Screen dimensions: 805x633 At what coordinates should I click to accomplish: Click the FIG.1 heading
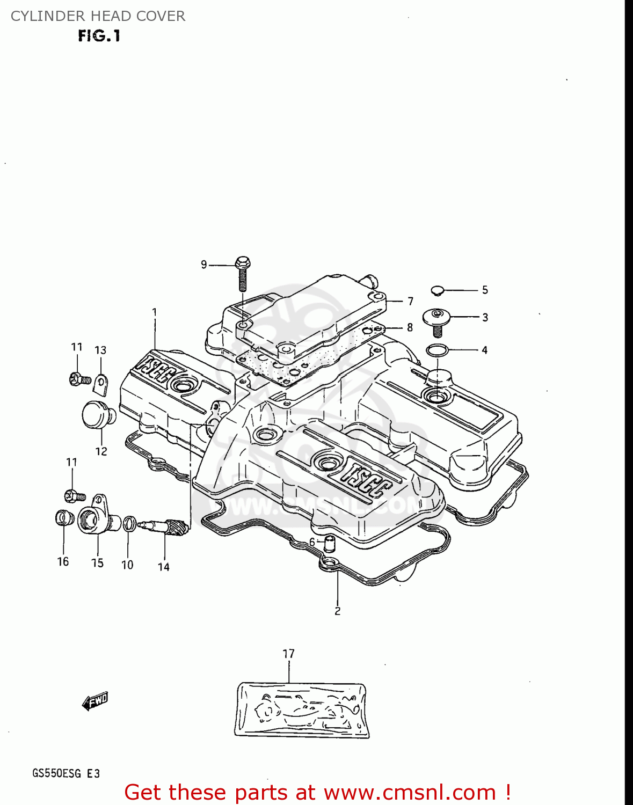click(x=99, y=36)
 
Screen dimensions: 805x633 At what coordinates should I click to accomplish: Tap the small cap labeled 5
click(x=438, y=290)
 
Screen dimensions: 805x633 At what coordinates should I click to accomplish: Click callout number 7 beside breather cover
click(x=410, y=302)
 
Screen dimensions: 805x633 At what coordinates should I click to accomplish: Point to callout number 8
click(x=410, y=327)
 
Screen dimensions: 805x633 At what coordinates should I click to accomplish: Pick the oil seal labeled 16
click(x=63, y=518)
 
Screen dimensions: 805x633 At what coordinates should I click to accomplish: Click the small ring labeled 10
click(x=129, y=523)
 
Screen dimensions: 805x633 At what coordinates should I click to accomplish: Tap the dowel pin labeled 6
click(x=329, y=543)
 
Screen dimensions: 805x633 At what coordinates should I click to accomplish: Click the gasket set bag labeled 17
click(x=302, y=709)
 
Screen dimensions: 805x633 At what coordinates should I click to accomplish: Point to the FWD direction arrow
click(x=95, y=701)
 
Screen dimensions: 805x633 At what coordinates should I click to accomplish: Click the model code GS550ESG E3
click(x=66, y=773)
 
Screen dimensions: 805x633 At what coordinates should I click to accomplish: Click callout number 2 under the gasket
click(x=337, y=611)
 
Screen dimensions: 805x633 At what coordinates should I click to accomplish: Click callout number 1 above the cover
click(x=154, y=312)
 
